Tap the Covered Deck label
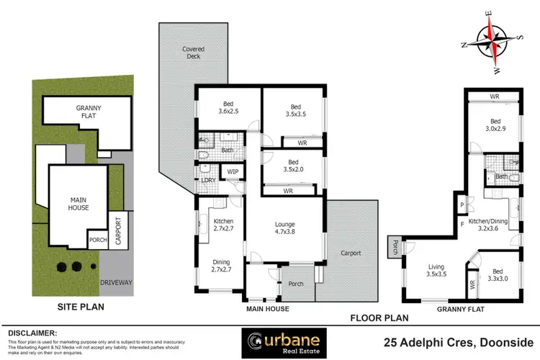pyautogui.click(x=193, y=53)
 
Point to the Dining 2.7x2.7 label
pyautogui.click(x=220, y=267)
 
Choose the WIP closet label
pyautogui.click(x=233, y=171)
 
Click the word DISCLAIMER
pyautogui.click(x=31, y=333)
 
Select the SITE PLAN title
pyautogui.click(x=80, y=307)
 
